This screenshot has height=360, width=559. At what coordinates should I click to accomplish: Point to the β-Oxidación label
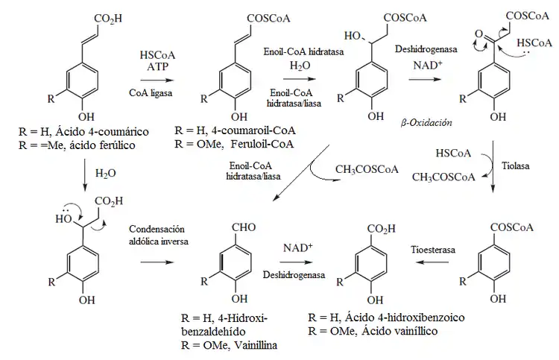[426, 121]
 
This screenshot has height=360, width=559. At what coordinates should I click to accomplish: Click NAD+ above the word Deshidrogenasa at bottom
[297, 247]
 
